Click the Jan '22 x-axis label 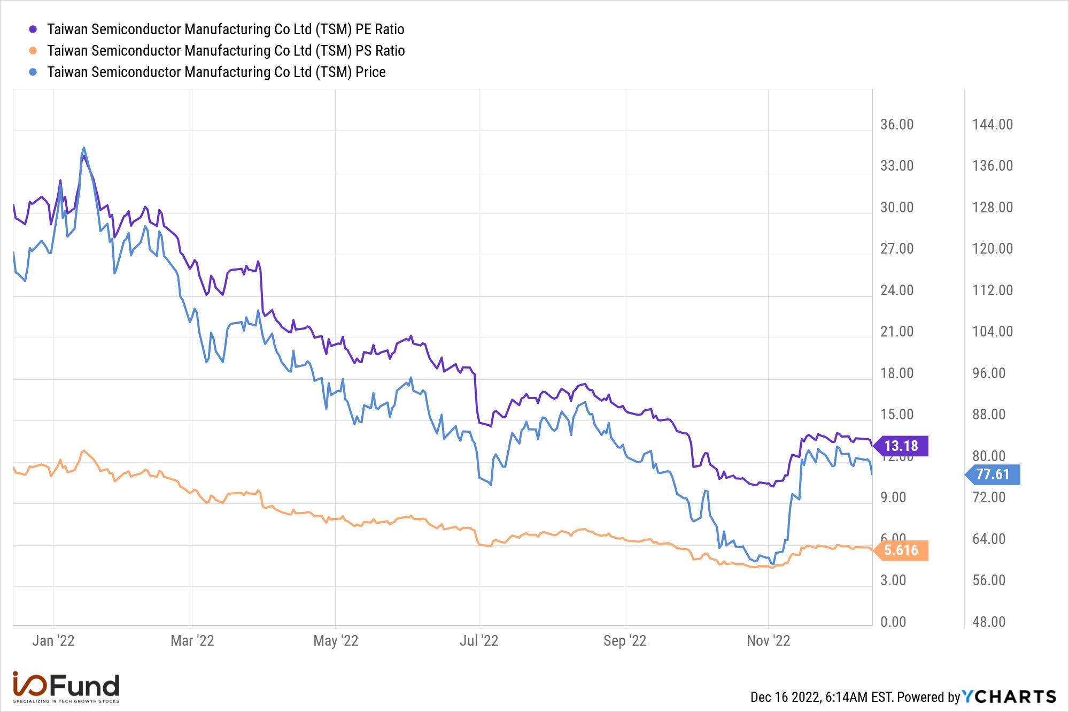[53, 640]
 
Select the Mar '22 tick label [192, 640]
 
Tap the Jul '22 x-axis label [479, 640]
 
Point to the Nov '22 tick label [768, 640]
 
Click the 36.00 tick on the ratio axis [897, 125]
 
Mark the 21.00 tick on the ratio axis [897, 332]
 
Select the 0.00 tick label [893, 622]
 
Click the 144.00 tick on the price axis [993, 125]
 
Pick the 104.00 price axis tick [993, 332]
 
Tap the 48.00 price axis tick [989, 622]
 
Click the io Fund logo [66, 687]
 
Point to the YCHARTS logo [1009, 696]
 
